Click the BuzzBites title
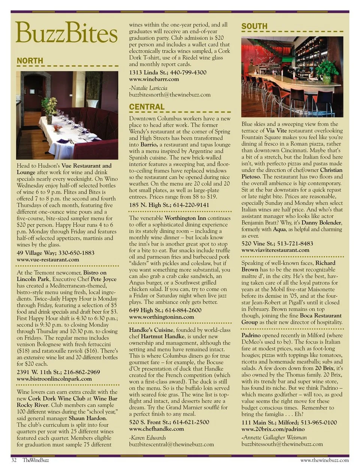(67, 33)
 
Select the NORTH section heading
(30, 61)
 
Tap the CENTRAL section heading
(147, 107)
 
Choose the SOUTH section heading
(254, 26)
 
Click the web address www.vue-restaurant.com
(48, 259)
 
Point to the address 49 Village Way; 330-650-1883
(55, 253)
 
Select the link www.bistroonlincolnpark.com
(54, 379)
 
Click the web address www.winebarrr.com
(154, 79)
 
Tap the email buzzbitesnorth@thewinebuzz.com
(169, 95)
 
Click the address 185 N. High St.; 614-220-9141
(169, 205)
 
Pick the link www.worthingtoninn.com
(161, 317)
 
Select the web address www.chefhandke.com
(156, 429)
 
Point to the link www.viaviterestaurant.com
(275, 250)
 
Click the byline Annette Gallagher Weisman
(274, 437)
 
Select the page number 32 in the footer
(14, 460)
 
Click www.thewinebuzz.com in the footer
(324, 460)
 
